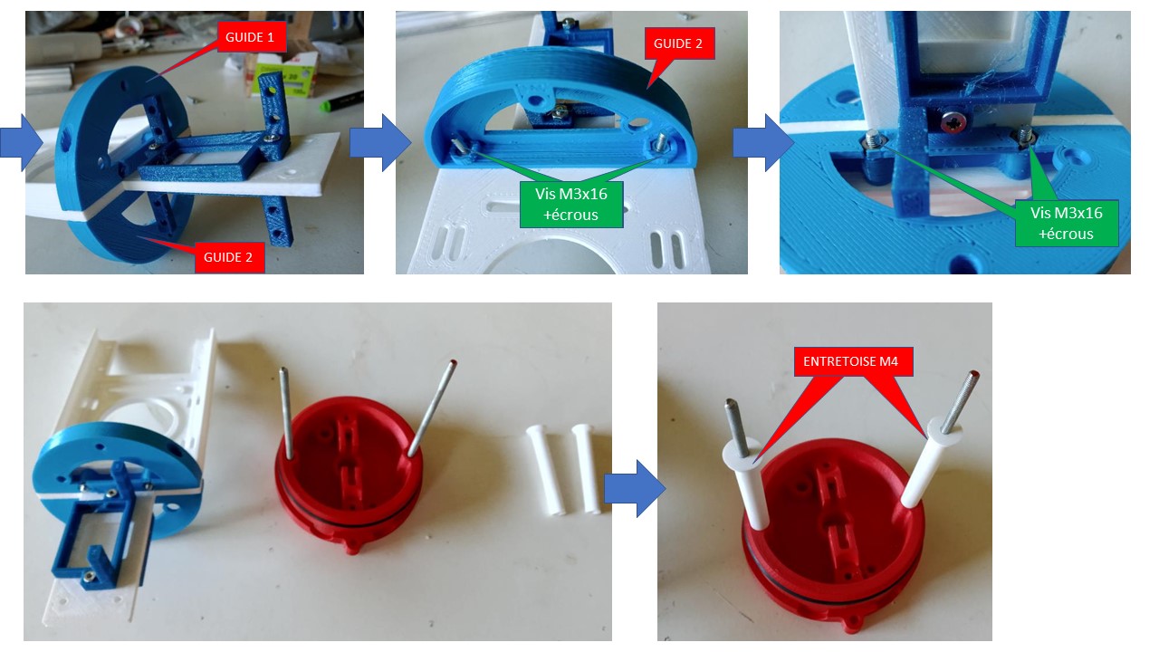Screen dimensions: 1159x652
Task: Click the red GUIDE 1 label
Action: pos(252,37)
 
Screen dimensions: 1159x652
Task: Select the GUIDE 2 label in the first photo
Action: pos(230,257)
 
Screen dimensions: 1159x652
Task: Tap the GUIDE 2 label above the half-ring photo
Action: pos(679,43)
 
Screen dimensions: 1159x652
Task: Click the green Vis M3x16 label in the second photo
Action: pos(571,205)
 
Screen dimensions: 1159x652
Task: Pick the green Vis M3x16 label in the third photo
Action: pos(1067,224)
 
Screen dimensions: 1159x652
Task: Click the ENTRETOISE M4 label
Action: pos(853,361)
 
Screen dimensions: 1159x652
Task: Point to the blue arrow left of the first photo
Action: pos(21,142)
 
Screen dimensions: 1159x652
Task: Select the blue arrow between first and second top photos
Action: pos(380,143)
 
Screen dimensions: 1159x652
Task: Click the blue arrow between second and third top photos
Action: pos(763,143)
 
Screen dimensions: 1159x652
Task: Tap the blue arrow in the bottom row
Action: pos(635,488)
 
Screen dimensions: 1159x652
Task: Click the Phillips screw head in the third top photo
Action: pos(953,122)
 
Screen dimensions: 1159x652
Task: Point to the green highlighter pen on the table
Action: pos(341,101)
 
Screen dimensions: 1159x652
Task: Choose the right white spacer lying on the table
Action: pos(587,468)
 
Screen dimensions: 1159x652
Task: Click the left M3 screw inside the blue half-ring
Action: pos(459,147)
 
